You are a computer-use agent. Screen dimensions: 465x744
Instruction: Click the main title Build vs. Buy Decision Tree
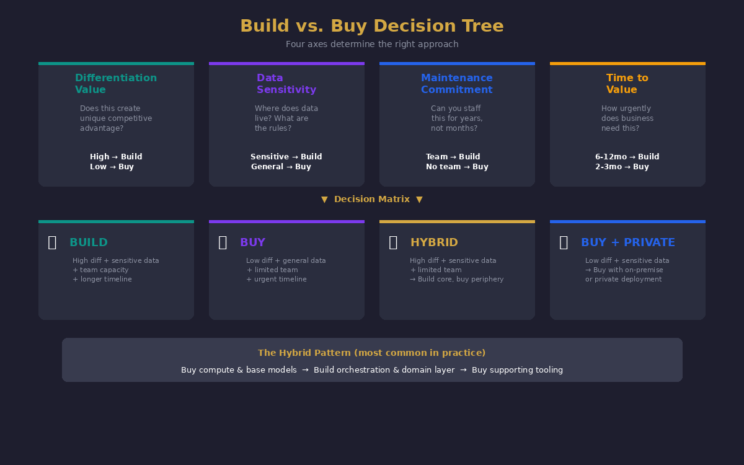tap(372, 26)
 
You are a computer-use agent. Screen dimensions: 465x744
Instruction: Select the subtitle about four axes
tap(372, 45)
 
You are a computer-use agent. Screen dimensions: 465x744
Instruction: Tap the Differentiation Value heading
tap(116, 84)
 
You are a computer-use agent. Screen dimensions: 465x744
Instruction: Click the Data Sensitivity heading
tap(286, 84)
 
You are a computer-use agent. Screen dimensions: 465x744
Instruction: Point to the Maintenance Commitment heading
tap(457, 84)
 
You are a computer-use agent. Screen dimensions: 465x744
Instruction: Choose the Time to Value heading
tap(627, 84)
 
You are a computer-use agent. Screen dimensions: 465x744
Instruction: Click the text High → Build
tap(116, 157)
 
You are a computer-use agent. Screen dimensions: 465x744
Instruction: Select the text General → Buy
tap(281, 167)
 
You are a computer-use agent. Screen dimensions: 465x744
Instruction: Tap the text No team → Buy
tap(457, 167)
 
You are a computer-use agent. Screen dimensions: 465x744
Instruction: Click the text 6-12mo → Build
tap(627, 157)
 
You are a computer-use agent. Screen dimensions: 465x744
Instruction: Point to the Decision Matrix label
tap(372, 199)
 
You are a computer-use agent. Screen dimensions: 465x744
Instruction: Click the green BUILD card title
tap(89, 242)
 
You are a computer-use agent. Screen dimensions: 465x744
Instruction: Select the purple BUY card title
tap(252, 242)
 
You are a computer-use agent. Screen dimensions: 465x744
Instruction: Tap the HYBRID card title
tap(434, 242)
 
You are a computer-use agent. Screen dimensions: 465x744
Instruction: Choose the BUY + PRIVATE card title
tap(627, 242)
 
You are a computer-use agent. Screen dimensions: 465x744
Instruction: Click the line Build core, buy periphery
tap(457, 280)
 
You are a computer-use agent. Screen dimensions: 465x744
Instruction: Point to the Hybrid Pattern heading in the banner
tap(372, 353)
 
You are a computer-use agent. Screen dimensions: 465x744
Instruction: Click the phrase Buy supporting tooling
tap(517, 370)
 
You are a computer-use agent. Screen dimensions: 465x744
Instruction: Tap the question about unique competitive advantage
tap(116, 118)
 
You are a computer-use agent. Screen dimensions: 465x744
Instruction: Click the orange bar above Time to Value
tap(627, 63)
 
